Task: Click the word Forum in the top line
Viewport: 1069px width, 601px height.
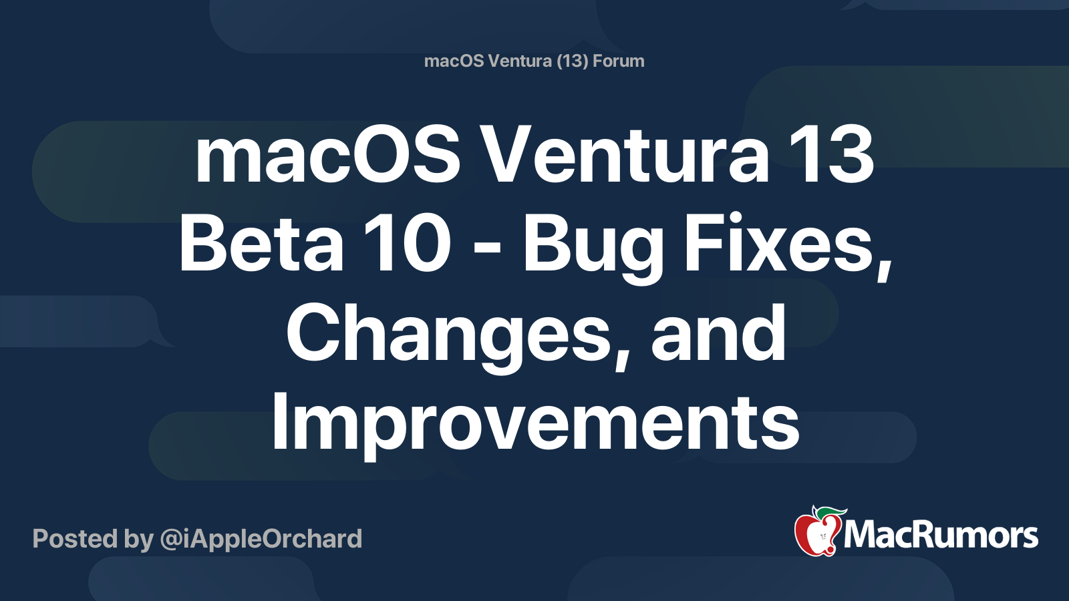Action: [619, 61]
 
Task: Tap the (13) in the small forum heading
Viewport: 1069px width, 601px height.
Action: [572, 61]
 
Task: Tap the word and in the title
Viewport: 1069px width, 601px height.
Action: [718, 334]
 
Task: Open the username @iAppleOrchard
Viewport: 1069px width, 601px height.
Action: [261, 539]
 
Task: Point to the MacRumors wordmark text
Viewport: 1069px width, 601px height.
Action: [941, 536]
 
